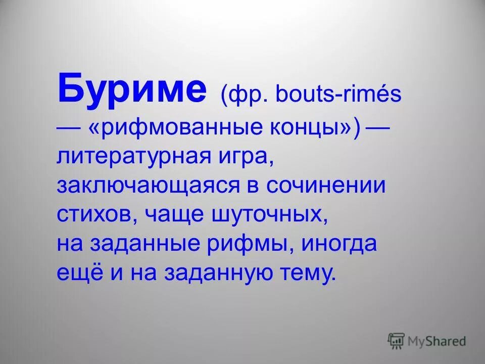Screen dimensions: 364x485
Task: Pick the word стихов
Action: coord(96,215)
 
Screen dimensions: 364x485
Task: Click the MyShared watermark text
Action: coord(438,341)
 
